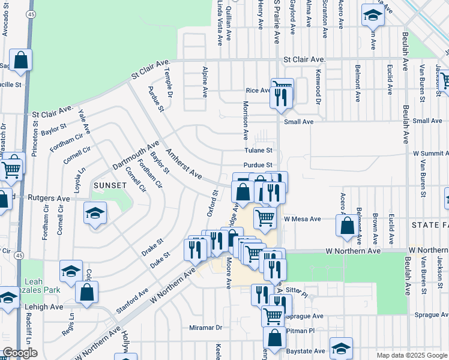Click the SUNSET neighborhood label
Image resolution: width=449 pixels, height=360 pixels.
click(110, 185)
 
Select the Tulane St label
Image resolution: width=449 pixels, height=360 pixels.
click(258, 151)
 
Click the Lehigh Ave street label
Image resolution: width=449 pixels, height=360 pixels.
click(44, 306)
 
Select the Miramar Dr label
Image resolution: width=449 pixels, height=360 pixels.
click(206, 328)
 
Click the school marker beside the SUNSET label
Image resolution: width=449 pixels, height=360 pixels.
click(95, 214)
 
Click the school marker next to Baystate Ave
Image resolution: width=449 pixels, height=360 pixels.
click(341, 349)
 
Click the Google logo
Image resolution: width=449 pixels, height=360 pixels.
click(20, 353)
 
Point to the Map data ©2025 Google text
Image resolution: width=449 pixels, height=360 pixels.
click(411, 355)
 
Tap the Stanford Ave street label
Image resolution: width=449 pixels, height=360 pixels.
click(132, 302)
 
